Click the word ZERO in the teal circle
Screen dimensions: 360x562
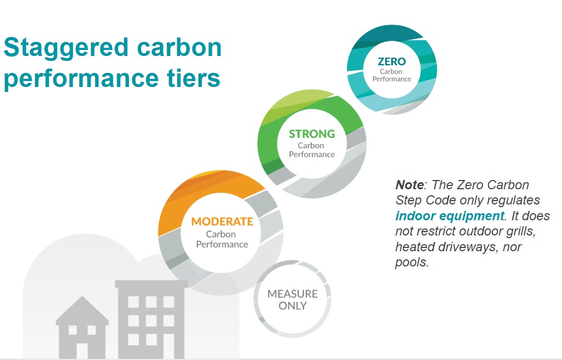(392, 61)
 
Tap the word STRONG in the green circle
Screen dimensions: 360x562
(312, 134)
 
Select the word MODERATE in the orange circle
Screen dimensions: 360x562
(222, 222)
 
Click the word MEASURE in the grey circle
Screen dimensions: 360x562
(292, 294)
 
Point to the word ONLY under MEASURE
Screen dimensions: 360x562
(292, 306)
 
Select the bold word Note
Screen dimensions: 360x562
(409, 185)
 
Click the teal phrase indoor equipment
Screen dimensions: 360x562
(449, 216)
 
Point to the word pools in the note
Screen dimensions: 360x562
(411, 263)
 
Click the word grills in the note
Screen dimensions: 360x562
(533, 231)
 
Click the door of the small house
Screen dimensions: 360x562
(82, 350)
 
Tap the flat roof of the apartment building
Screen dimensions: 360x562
(151, 284)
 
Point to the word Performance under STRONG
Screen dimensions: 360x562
(312, 154)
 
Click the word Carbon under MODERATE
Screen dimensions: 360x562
(221, 234)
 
